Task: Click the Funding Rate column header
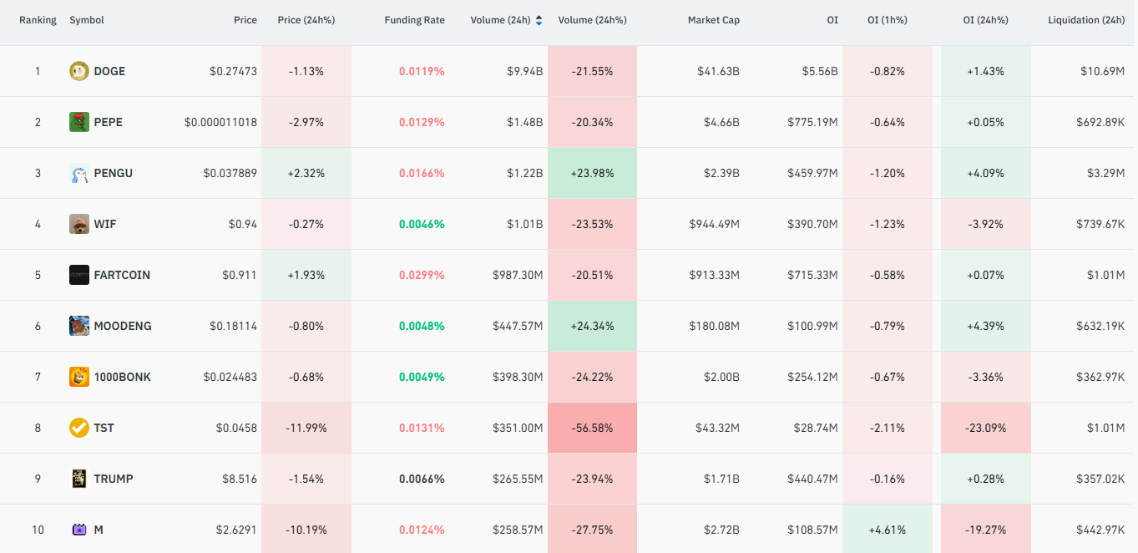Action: point(414,20)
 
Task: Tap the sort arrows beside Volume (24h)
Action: point(539,20)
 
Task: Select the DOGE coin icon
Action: point(78,71)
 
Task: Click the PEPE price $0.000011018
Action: point(220,123)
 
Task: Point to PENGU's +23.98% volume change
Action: point(592,173)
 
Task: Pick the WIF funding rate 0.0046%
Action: point(422,224)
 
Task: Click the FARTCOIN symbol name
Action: point(122,275)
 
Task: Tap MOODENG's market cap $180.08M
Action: point(714,326)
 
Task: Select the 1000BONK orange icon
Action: point(78,377)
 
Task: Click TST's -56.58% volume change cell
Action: point(592,428)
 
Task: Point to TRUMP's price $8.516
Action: point(240,479)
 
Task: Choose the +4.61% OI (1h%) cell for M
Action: point(887,529)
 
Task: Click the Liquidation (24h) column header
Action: point(1086,20)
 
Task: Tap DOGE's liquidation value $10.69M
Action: point(1102,71)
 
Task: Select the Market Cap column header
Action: point(713,20)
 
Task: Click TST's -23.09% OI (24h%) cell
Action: point(985,428)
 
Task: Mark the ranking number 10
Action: point(38,530)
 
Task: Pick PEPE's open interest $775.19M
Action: point(812,123)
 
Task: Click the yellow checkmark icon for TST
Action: point(78,428)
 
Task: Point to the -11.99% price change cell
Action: point(306,428)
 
